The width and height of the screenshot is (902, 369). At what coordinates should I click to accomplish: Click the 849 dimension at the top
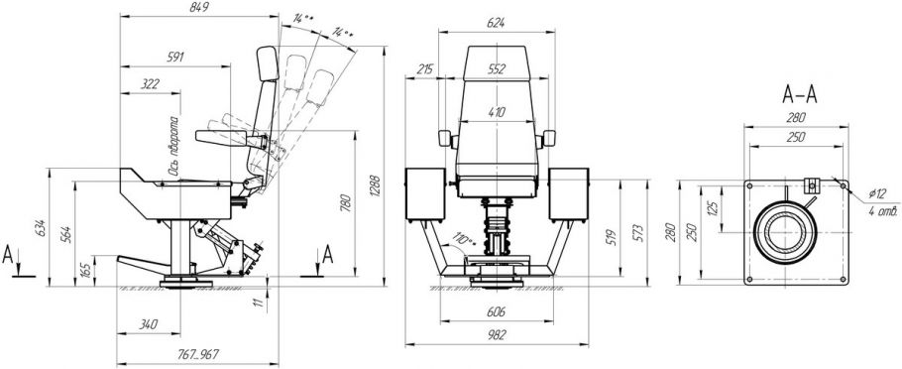tap(198, 8)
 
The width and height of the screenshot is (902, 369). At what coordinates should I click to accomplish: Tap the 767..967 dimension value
tap(197, 354)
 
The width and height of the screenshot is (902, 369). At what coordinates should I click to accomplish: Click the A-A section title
tap(800, 95)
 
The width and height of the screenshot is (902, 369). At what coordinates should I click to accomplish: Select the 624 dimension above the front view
tap(496, 23)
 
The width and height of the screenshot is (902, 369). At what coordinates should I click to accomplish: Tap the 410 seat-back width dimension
tap(496, 112)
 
